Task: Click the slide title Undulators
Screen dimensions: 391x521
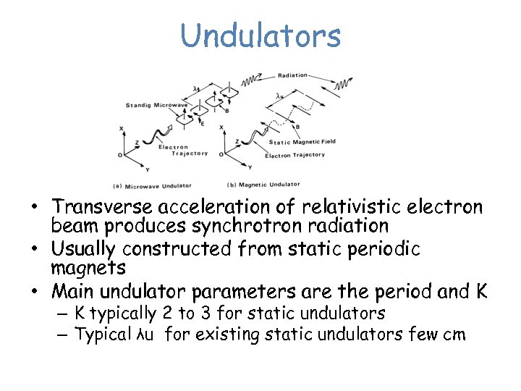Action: point(260,35)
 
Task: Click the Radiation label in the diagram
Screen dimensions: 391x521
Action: point(292,75)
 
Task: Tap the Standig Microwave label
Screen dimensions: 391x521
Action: point(156,106)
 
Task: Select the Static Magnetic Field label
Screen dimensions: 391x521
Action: point(300,142)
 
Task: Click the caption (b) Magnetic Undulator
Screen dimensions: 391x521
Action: point(263,184)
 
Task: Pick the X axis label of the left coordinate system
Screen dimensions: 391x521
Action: point(121,129)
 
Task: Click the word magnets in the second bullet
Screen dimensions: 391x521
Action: point(88,269)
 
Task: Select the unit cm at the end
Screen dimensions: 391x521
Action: point(454,335)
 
